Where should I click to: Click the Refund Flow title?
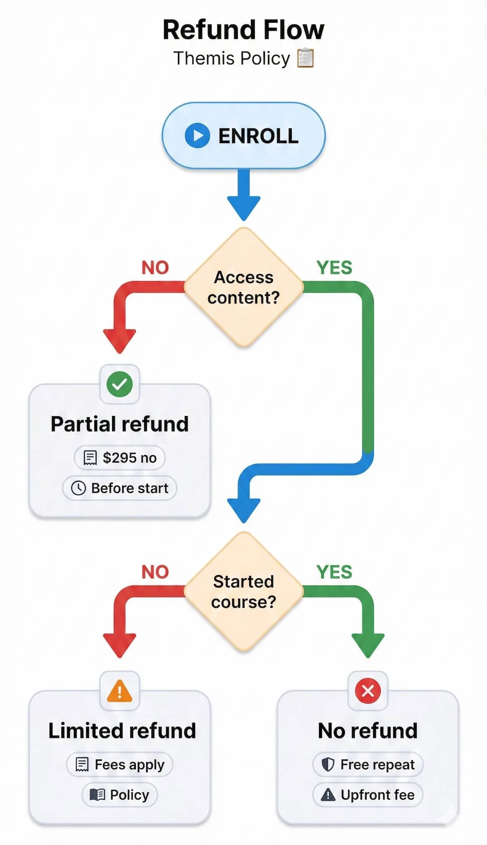(243, 30)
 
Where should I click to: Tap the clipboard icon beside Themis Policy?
(306, 58)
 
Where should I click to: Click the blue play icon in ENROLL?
(197, 136)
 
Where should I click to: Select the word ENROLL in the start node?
(258, 136)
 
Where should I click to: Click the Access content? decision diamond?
(243, 287)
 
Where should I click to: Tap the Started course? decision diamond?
(243, 592)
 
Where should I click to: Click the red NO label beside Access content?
(155, 268)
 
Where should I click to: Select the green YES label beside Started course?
(334, 572)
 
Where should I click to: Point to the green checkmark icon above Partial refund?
(120, 384)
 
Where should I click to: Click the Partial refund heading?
(120, 424)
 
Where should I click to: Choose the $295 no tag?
(120, 458)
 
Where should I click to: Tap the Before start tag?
(120, 488)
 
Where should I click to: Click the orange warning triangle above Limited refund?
(120, 691)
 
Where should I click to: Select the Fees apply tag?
(120, 765)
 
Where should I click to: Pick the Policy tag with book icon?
(120, 795)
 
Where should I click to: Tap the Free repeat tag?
(368, 765)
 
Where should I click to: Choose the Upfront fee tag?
(368, 795)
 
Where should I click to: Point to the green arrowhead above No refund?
(368, 645)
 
